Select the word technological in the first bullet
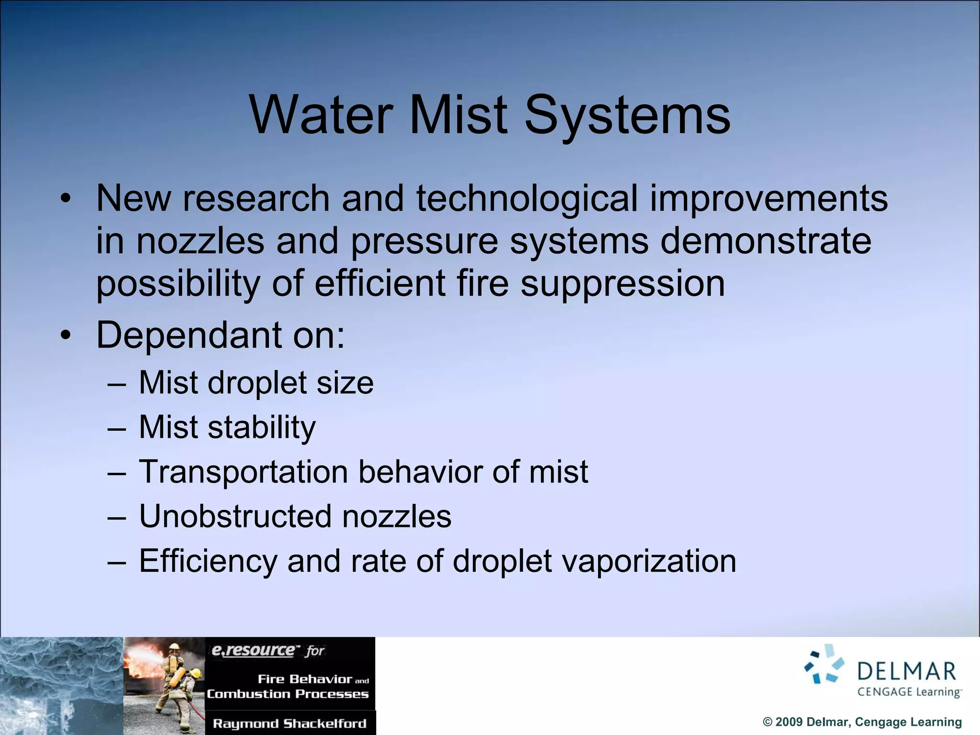(527, 198)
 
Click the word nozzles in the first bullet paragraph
(200, 241)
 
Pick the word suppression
(623, 283)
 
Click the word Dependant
(189, 335)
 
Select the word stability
(261, 427)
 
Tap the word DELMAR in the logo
(907, 671)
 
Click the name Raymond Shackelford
(290, 724)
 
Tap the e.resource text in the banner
(253, 650)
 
